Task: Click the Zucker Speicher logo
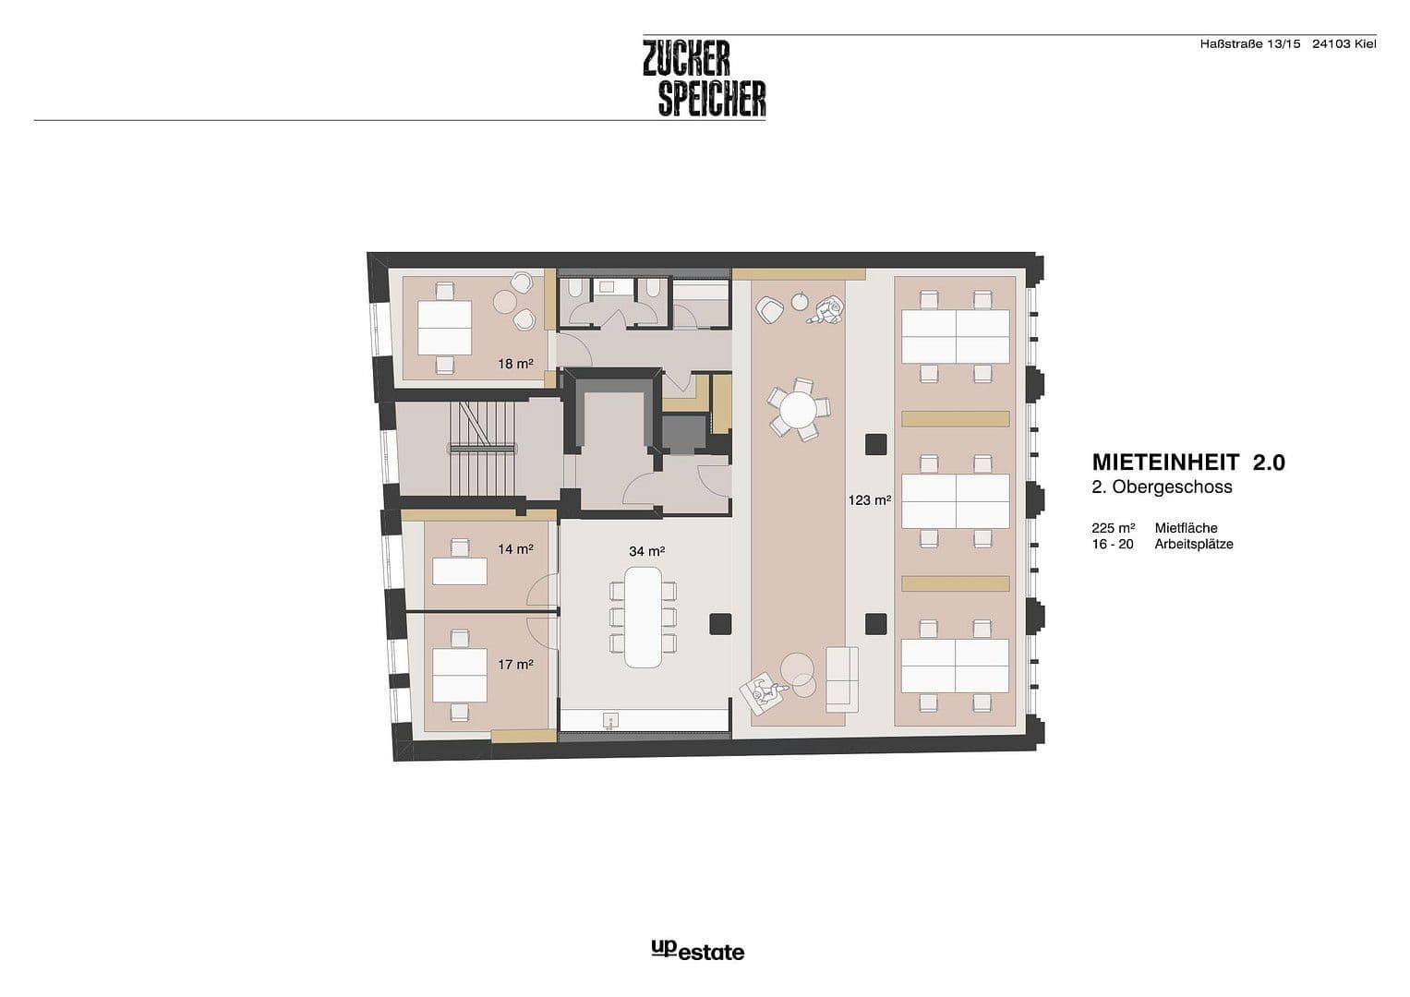pos(704,78)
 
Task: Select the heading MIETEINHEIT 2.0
pos(1187,462)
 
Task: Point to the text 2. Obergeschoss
pos(1162,486)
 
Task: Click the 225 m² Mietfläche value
pos(1113,528)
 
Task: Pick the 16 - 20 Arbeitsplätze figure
pos(1112,544)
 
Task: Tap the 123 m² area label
pos(869,500)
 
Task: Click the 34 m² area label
pos(646,551)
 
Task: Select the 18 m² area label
pos(515,364)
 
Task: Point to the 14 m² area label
pos(515,549)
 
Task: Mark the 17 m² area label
pos(515,664)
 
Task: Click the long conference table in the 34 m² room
pos(643,616)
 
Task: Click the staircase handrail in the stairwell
pos(482,448)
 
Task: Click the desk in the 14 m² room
pos(460,571)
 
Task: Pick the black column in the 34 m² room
pos(720,623)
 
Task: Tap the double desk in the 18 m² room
pos(444,328)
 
